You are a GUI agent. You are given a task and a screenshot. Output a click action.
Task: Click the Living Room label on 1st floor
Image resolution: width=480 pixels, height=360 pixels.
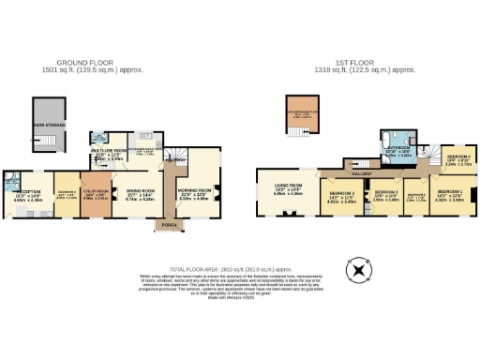[x=287, y=191]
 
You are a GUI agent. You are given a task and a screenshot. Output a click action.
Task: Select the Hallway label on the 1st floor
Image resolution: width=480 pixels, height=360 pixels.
[x=363, y=174]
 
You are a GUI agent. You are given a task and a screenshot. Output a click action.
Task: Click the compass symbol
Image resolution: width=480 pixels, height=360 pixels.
[x=356, y=271]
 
